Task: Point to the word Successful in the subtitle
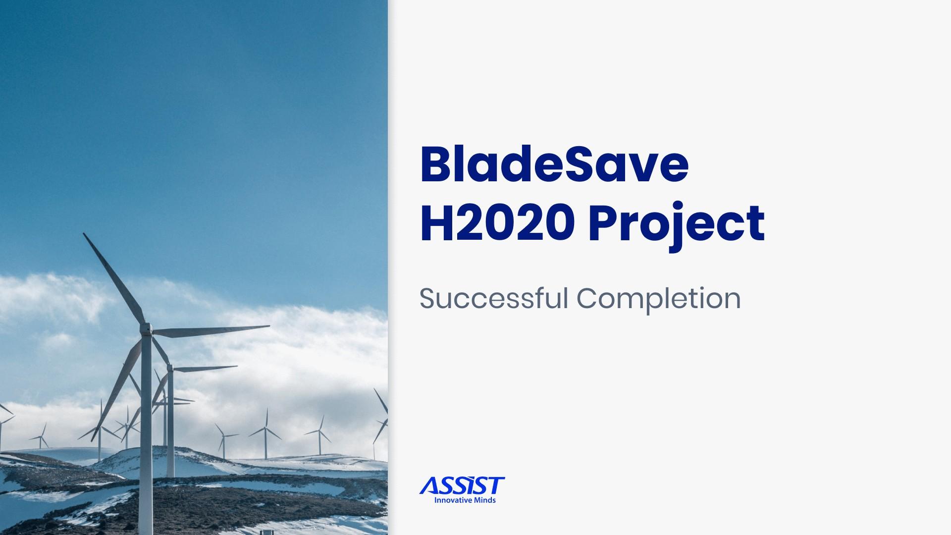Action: [x=493, y=298]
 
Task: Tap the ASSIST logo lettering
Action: [x=462, y=485]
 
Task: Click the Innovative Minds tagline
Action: [x=465, y=500]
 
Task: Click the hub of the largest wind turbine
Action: [x=147, y=329]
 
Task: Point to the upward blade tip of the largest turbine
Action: [x=85, y=235]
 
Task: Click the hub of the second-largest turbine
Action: [x=170, y=369]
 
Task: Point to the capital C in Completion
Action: [x=588, y=299]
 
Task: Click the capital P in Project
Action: [x=601, y=224]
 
